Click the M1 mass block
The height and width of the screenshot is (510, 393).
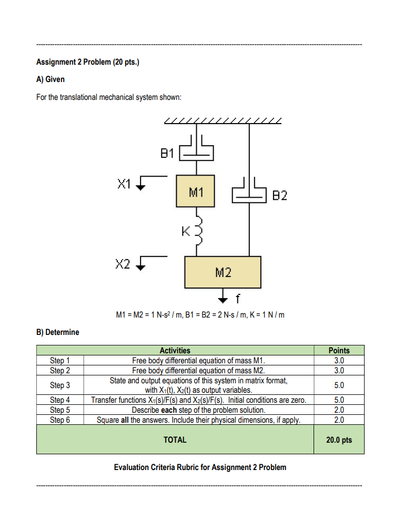[196, 192]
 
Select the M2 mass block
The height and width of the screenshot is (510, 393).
[223, 272]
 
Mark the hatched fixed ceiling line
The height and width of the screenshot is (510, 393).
[223, 121]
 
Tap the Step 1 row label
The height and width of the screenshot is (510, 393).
[59, 361]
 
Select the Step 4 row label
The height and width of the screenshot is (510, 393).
[59, 401]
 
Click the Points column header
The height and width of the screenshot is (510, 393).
[338, 351]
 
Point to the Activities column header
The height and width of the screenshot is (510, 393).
[175, 351]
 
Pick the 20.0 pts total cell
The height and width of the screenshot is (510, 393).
[338, 440]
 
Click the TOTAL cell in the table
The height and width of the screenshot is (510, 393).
[175, 440]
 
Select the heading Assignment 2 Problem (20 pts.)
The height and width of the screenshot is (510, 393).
[87, 62]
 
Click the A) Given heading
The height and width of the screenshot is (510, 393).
[51, 79]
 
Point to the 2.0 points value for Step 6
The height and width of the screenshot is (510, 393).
[338, 420]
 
